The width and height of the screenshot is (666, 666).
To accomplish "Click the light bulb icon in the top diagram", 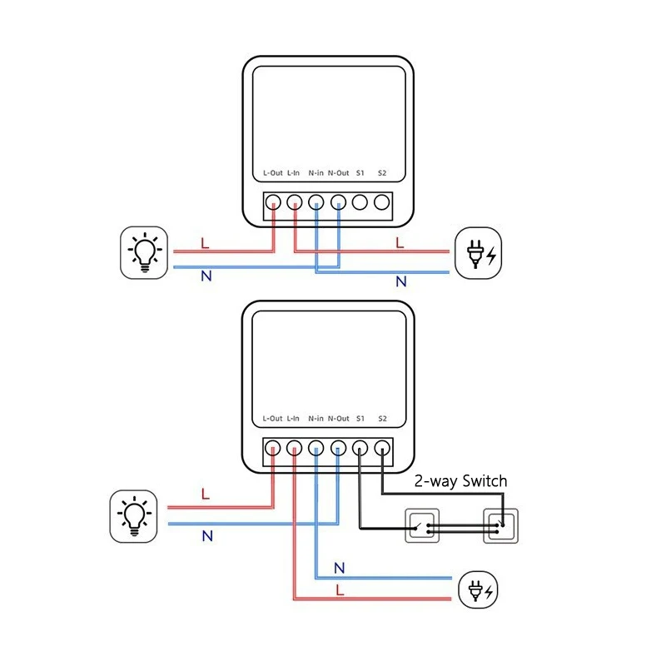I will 146,252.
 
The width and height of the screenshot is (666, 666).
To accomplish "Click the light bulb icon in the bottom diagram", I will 134,515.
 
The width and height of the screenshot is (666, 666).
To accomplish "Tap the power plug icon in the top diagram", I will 480,252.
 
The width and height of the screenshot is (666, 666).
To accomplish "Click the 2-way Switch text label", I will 460,481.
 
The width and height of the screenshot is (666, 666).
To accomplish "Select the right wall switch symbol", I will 502,526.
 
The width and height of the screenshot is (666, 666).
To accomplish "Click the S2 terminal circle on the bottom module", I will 381,449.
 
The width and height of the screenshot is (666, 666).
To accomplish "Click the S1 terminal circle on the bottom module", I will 360,449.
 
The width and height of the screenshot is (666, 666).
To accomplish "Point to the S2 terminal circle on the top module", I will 381,202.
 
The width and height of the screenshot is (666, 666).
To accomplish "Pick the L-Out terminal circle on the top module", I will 273,202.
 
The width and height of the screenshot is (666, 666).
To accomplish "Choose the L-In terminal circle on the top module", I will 295,202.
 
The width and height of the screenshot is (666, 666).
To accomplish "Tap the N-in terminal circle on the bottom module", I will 316,449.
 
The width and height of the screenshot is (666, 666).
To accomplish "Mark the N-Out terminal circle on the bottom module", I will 338,449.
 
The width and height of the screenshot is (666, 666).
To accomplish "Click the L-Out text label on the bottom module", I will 272,419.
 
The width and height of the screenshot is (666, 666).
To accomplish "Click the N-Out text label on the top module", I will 338,173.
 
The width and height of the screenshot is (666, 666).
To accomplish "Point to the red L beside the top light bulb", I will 205,244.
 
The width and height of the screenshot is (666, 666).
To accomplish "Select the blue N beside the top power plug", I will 400,281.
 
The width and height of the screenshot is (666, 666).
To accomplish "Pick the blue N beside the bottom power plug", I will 339,569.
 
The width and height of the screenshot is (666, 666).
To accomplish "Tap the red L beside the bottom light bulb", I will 205,495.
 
